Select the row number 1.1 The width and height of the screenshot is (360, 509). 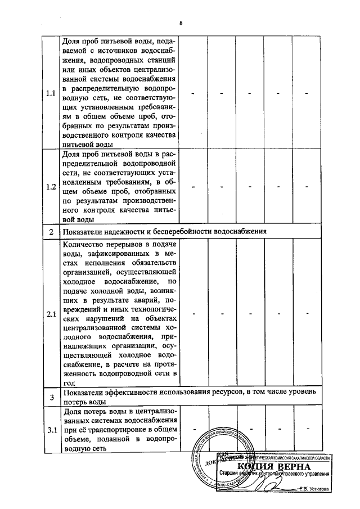pos(51,93)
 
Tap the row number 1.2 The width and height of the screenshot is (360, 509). pos(51,187)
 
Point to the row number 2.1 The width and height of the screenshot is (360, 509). pos(51,313)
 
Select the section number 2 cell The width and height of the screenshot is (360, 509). pos(51,232)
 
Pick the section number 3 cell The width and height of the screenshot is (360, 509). pos(51,398)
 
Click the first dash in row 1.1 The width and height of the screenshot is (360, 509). pos(193,93)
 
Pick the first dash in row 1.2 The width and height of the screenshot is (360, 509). pos(193,187)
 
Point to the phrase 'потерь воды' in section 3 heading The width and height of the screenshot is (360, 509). pos(83,403)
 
